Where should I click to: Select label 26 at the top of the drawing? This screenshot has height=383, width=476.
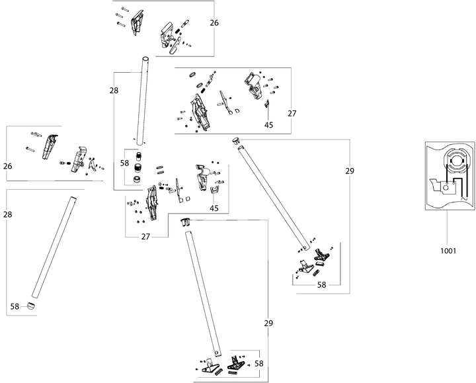214,22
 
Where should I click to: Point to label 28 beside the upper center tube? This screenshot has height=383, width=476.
114,89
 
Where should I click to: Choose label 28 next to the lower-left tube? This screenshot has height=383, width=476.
8,214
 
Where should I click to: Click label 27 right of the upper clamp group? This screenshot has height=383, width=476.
292,113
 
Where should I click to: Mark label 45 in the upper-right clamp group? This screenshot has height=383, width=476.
268,124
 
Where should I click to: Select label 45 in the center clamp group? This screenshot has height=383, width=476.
214,208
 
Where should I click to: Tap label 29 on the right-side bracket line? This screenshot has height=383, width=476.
350,171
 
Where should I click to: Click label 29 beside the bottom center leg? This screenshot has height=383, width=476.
268,323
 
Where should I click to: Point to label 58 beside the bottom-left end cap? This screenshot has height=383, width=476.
15,306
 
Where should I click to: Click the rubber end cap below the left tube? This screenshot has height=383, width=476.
31,306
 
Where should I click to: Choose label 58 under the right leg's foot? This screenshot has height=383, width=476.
321,284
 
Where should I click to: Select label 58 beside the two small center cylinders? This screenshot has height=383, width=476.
124,162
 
